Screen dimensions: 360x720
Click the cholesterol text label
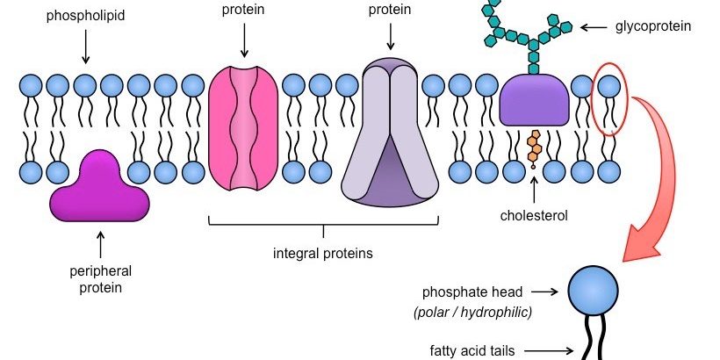(x=534, y=213)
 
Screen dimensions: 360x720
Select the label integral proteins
(x=323, y=254)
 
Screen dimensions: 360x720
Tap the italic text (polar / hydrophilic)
(x=474, y=312)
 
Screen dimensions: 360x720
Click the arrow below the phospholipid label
(x=86, y=48)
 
